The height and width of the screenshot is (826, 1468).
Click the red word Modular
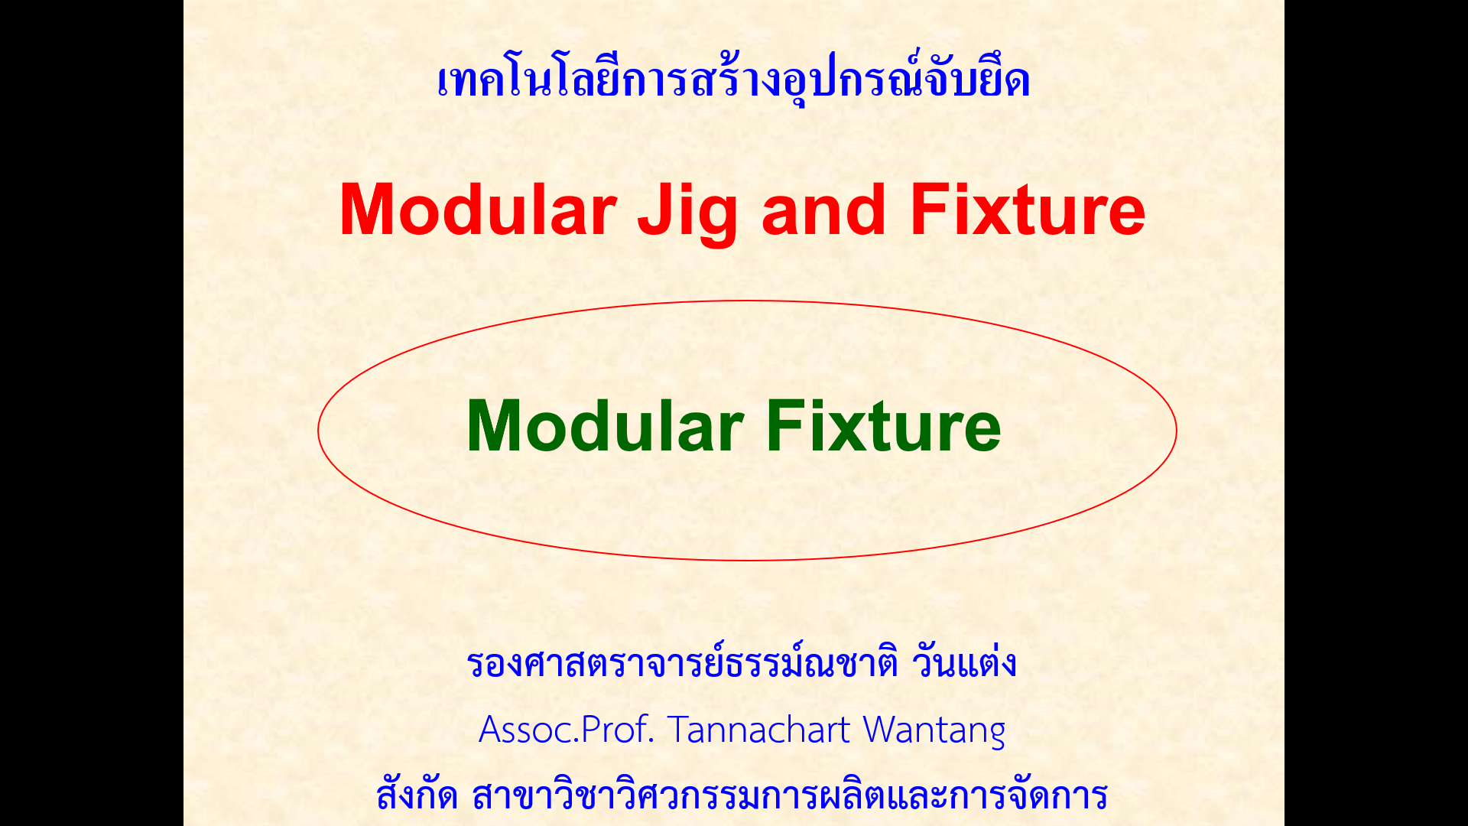[x=478, y=210]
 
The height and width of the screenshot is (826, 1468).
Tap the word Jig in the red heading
[x=687, y=215]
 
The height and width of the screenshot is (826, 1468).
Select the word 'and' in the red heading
[x=823, y=210]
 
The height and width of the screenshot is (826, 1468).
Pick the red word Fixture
[x=1028, y=210]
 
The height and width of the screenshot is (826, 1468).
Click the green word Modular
[x=605, y=426]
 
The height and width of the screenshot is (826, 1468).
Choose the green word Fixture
[x=884, y=426]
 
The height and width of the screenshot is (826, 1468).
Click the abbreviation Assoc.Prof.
[x=567, y=730]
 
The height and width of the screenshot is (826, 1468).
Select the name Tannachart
[x=759, y=730]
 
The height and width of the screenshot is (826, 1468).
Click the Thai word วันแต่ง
[x=964, y=662]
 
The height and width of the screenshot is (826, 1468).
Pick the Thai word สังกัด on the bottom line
[x=417, y=794]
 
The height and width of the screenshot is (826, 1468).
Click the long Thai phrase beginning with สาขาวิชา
[x=790, y=795]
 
